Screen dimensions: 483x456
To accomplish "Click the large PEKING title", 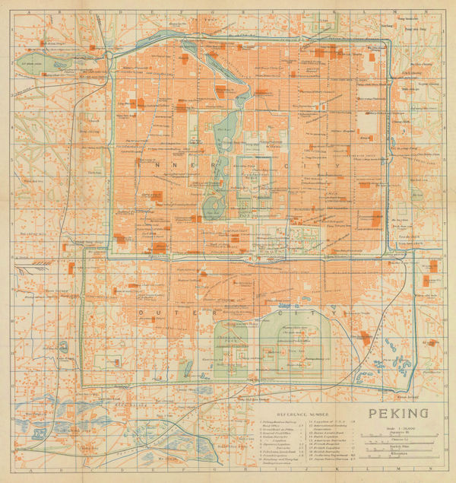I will point(398,415).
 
